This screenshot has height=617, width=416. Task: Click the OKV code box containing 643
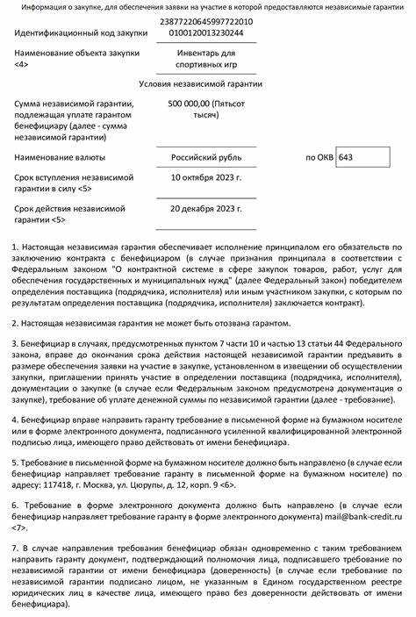tap(363, 158)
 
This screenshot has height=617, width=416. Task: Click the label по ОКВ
tap(319, 158)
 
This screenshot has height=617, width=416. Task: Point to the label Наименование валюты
tap(64, 158)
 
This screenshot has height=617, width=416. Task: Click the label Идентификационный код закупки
tap(78, 32)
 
